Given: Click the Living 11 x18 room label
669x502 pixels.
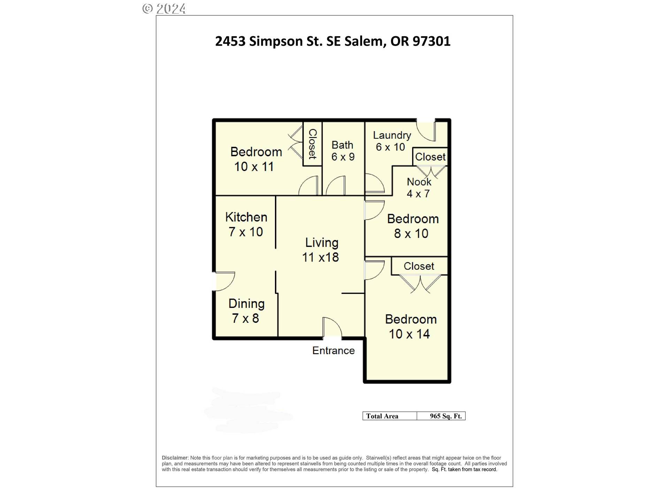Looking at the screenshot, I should [x=321, y=250].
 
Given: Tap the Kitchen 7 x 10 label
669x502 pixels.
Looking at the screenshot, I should [x=246, y=224].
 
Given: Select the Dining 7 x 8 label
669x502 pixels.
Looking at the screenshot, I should [x=246, y=311].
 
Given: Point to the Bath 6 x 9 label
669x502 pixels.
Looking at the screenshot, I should [x=343, y=151].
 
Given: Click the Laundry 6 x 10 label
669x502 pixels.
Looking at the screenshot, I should [x=391, y=141].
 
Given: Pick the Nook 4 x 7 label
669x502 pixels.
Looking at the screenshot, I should [x=418, y=188].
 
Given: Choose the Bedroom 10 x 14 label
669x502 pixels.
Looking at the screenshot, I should [x=410, y=326].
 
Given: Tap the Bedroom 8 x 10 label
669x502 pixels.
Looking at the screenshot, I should [x=412, y=226].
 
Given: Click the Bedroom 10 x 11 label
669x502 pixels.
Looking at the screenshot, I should [x=255, y=159].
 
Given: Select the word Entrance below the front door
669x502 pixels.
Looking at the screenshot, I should [x=333, y=350].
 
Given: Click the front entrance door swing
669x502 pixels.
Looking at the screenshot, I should [x=332, y=328].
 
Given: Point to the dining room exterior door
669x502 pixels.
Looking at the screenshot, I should [x=224, y=281].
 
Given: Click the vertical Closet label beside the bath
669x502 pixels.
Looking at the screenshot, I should [x=313, y=144].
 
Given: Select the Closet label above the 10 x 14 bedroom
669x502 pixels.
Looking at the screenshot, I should [x=419, y=266].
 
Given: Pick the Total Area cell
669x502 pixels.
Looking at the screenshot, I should [x=382, y=416].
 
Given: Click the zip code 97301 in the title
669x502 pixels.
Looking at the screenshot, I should [x=431, y=41].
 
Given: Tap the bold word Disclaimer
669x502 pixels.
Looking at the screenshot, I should [x=175, y=458].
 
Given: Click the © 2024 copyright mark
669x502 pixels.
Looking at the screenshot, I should [x=164, y=8].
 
